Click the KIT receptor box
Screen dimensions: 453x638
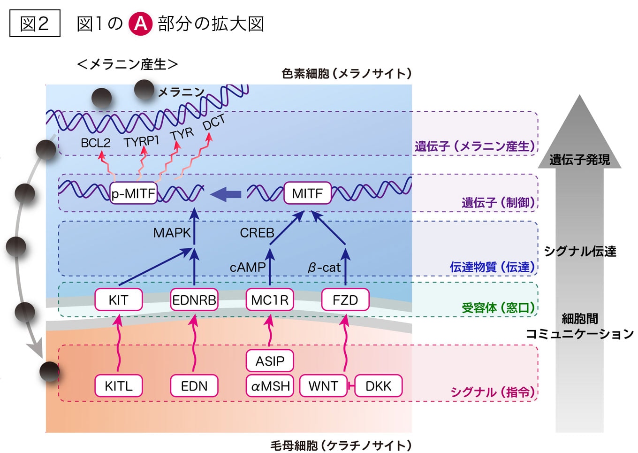[x=118, y=300]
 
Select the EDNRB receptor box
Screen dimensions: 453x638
[x=194, y=300]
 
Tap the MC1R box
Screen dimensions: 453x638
[x=270, y=300]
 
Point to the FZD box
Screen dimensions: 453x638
[x=345, y=300]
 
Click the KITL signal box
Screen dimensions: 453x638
[x=118, y=386]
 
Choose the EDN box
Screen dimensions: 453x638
[x=194, y=386]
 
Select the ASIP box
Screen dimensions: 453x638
[x=270, y=361]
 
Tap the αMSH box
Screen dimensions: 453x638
[x=270, y=386]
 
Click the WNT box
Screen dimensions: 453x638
[x=323, y=386]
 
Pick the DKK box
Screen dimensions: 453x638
[x=378, y=386]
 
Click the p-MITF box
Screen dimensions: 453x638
[x=133, y=193]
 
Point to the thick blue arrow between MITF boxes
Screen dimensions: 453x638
[x=227, y=194]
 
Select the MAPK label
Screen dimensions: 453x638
[x=172, y=233]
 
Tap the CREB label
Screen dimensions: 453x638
[x=257, y=233]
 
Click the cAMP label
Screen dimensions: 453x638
[x=247, y=268]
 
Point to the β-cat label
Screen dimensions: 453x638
[x=324, y=268]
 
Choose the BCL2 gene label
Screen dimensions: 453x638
[x=96, y=143]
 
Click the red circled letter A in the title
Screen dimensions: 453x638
[x=140, y=23]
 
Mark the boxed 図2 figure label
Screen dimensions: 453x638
[x=35, y=23]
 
